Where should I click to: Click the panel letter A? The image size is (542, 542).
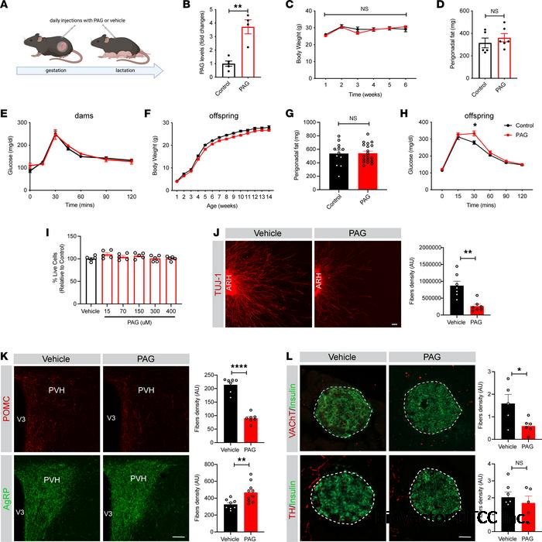[6, 6]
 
